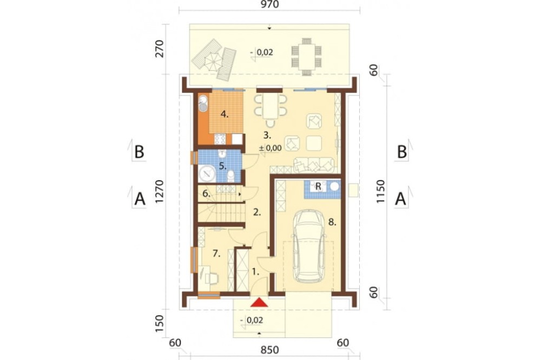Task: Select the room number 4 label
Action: tap(225, 114)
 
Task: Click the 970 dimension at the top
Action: tap(269, 4)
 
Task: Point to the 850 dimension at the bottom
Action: tap(269, 350)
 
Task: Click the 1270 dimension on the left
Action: tap(160, 191)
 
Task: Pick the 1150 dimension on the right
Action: tap(380, 191)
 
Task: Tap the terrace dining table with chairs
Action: tap(306, 57)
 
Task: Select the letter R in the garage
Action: tap(319, 186)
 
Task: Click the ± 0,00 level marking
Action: tap(270, 148)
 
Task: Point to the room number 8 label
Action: tap(332, 222)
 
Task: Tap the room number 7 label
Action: tap(216, 254)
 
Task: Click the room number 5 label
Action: tap(223, 166)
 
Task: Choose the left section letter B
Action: tap(140, 152)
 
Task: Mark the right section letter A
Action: tap(400, 199)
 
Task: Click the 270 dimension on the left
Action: tap(160, 49)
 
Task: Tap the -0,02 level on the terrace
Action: tap(263, 52)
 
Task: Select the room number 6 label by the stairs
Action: tap(206, 194)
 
